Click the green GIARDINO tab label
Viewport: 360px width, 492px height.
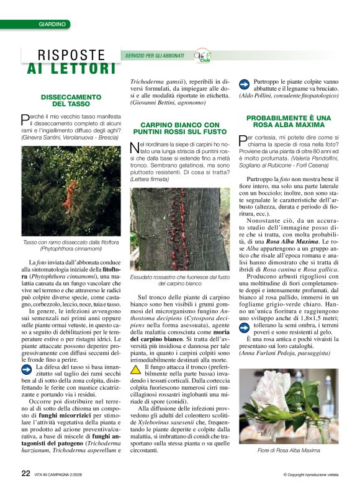point(52,24)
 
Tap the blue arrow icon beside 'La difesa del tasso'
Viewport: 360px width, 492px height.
point(27,369)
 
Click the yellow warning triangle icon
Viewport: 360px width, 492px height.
point(136,369)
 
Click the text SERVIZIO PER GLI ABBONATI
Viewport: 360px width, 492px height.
point(155,56)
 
